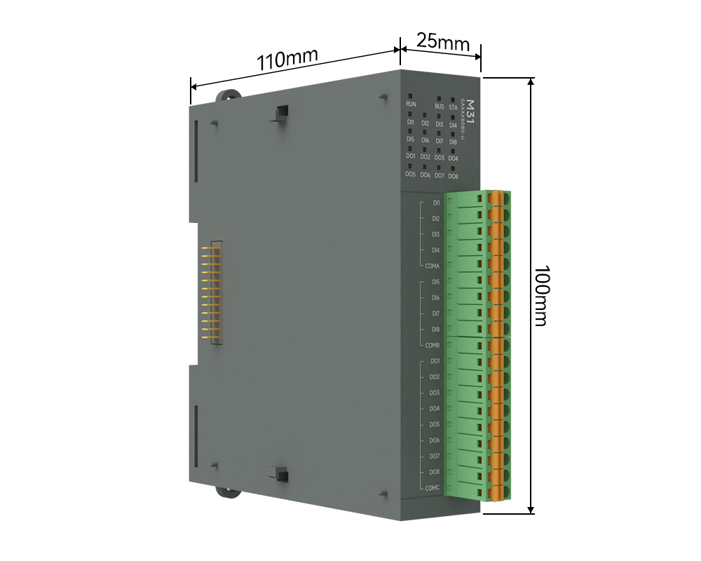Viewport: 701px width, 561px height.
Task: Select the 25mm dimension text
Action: click(442, 41)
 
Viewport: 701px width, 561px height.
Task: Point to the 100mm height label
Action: click(540, 295)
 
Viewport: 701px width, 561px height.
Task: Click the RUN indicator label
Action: click(411, 104)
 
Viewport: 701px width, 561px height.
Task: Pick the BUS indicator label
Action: click(440, 107)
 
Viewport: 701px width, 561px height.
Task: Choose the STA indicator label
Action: click(454, 108)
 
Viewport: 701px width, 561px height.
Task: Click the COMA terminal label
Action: click(432, 266)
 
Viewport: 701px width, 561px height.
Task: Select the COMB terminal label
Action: click(432, 346)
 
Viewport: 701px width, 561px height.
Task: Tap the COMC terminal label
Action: click(433, 488)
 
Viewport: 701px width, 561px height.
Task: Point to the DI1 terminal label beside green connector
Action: click(436, 203)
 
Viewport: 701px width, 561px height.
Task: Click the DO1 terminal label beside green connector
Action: click(435, 361)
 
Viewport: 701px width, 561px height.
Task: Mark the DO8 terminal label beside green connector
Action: click(435, 472)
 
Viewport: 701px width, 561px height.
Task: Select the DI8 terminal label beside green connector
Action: click(435, 330)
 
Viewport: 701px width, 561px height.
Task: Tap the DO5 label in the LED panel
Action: click(410, 174)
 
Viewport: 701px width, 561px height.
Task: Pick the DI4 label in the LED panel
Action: click(453, 126)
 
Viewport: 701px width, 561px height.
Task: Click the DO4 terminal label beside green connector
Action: click(435, 409)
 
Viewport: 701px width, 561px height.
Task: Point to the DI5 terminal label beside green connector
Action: click(435, 282)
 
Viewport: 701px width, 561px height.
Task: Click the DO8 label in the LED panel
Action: click(453, 177)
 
